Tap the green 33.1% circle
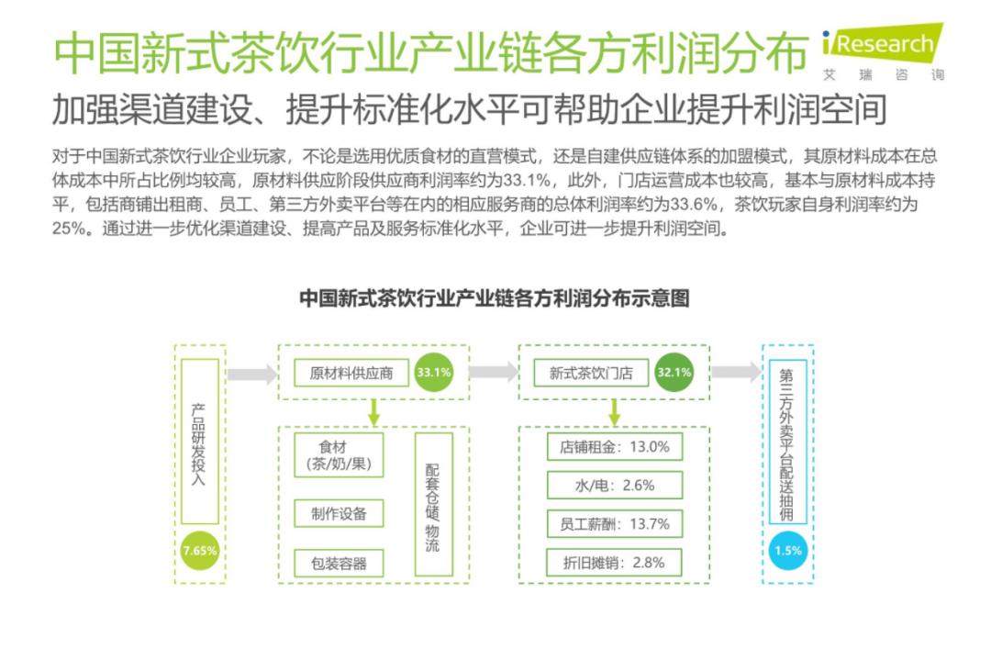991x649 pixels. click(x=433, y=373)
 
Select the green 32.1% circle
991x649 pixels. click(x=674, y=373)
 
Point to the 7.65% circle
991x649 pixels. click(x=200, y=551)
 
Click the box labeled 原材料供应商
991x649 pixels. click(x=351, y=374)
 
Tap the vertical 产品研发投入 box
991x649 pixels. click(x=200, y=441)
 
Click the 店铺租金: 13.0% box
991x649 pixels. click(x=615, y=447)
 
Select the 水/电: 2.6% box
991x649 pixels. click(x=615, y=486)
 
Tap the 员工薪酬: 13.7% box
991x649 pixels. click(x=615, y=524)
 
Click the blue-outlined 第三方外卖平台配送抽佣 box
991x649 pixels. click(x=788, y=441)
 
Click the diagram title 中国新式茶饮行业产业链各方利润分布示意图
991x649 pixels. click(x=495, y=298)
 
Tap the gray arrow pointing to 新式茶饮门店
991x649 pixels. click(x=493, y=373)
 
